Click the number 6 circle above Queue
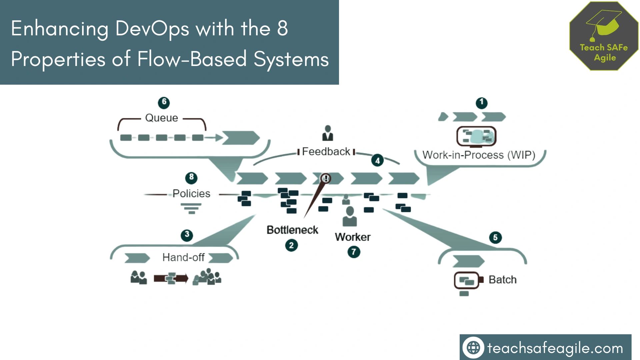pos(164,102)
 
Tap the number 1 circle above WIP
pos(481,103)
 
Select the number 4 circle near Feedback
pos(377,161)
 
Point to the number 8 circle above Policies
pos(191,177)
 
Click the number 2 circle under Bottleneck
pos(291,246)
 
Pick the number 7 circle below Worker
pos(354,252)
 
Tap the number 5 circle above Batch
pos(495,238)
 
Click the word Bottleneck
pos(292,230)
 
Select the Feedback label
pos(326,152)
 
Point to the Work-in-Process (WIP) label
pos(479,155)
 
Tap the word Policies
pos(191,194)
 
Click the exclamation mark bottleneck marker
pos(326,178)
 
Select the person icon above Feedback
pos(328,133)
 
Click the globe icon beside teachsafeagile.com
pos(473,348)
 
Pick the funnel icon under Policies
pos(191,209)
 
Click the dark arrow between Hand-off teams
pos(171,278)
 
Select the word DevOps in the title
pos(152,29)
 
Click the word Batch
pos(502,280)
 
